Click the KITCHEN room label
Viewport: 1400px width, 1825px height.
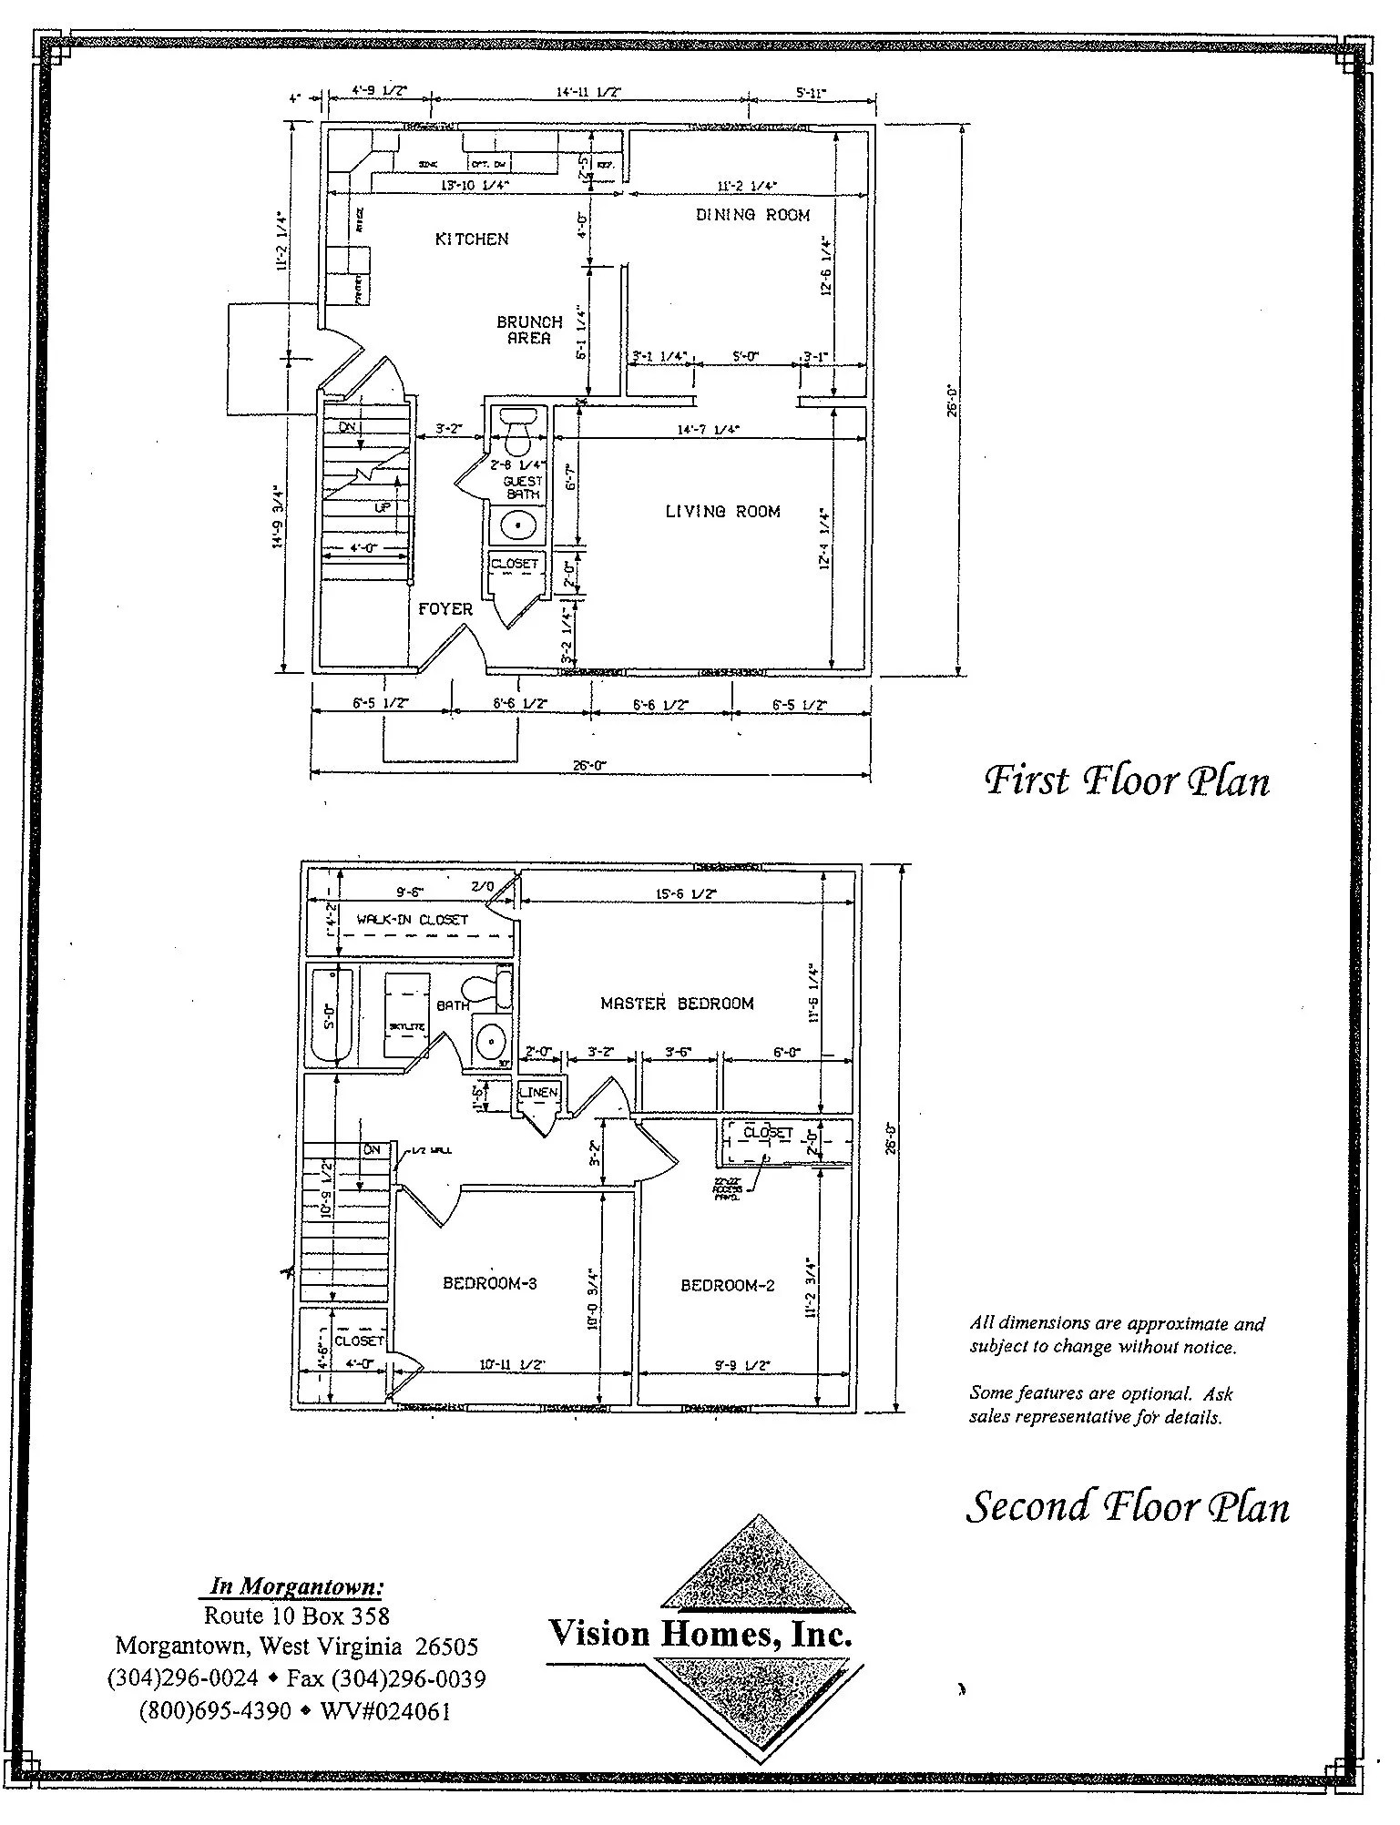coord(471,240)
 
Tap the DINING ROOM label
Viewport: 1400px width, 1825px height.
coord(752,216)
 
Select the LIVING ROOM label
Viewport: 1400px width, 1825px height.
coord(722,512)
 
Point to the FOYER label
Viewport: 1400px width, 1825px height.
coord(445,609)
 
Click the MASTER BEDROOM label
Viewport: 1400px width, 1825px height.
coord(677,1004)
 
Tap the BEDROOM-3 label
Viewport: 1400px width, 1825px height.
coord(489,1283)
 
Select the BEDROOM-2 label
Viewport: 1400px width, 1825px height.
coord(728,1285)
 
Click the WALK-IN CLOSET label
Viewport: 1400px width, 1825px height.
coord(412,920)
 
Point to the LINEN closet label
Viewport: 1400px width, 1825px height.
coord(537,1093)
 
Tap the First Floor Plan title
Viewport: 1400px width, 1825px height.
coord(1127,781)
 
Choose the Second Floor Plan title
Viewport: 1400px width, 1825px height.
coord(1127,1506)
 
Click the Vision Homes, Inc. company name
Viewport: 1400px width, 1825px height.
coord(700,1634)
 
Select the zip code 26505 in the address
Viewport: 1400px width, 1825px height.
coord(446,1647)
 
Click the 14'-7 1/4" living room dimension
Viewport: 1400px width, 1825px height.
coord(708,429)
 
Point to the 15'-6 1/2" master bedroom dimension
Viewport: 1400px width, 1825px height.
coord(685,895)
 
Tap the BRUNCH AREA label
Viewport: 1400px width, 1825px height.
coord(529,330)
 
